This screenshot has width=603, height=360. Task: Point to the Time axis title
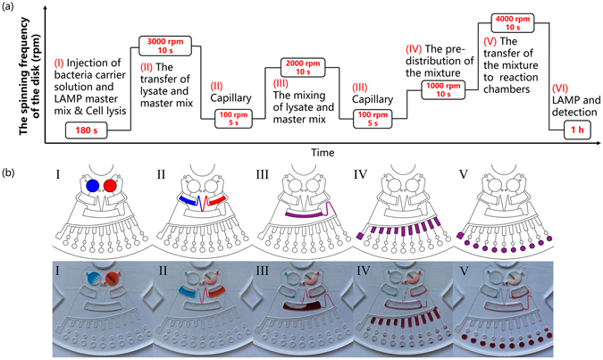click(322, 153)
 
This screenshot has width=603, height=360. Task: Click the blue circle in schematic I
click(92, 185)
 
